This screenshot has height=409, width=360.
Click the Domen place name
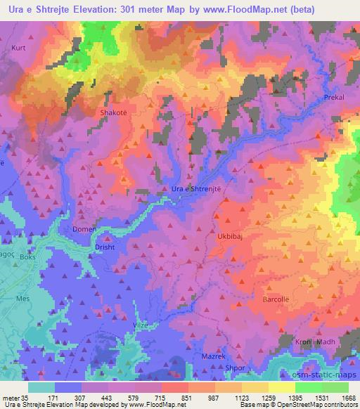(x=85, y=229)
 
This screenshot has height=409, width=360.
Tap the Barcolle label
(x=275, y=299)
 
